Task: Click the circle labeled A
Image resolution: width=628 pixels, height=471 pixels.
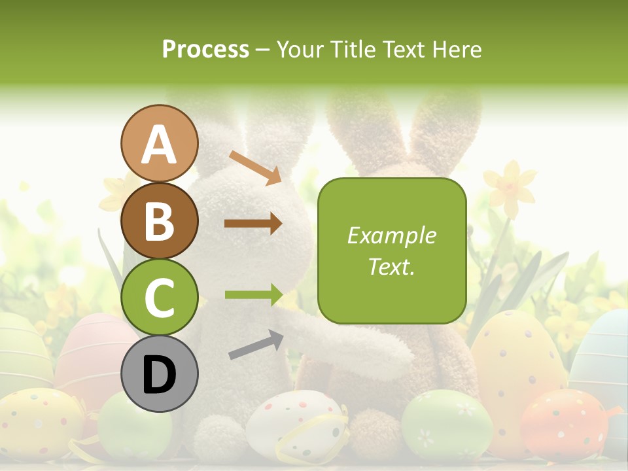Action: point(159,144)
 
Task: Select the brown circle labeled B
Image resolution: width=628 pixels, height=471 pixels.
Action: point(159,221)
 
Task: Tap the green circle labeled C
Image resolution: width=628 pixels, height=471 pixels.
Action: point(159,297)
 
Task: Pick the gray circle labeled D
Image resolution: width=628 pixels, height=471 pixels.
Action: point(159,374)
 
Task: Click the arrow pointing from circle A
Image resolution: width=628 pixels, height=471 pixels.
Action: point(254,167)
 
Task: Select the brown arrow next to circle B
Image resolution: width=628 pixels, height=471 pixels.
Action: point(253,224)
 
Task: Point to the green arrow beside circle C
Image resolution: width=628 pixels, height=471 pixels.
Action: point(253,294)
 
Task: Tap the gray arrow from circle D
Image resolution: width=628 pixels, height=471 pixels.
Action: point(255,345)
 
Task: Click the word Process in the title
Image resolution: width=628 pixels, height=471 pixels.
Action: point(205,49)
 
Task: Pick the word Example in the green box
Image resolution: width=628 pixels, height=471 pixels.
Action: point(391,235)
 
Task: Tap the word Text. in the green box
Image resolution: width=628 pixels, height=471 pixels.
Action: point(391,266)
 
